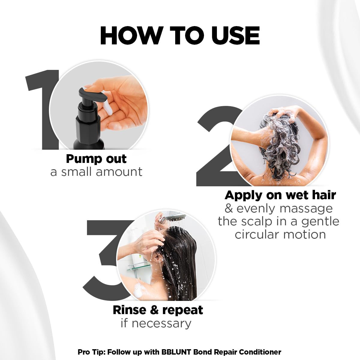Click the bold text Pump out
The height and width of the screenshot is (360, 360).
96,159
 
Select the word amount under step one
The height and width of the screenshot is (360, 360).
119,172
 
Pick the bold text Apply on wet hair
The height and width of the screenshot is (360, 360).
280,195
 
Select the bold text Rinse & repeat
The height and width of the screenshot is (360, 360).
158,310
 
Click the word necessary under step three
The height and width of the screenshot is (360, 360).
161,323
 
